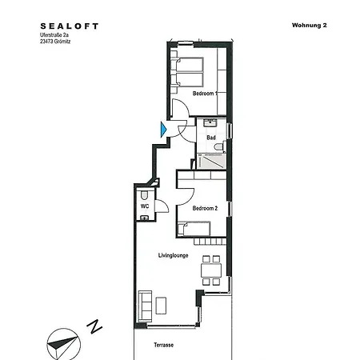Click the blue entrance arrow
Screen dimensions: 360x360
(163, 128)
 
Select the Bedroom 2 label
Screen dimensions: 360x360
(205, 208)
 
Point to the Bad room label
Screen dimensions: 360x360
(211, 138)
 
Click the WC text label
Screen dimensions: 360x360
(145, 206)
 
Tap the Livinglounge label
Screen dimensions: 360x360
(174, 255)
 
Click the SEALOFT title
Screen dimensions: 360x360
(70, 26)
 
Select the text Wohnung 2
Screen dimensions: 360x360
(310, 26)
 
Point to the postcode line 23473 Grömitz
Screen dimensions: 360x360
(61, 44)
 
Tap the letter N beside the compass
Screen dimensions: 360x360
(94, 326)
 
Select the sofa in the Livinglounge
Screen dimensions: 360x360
(146, 305)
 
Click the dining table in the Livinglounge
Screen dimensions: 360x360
(211, 270)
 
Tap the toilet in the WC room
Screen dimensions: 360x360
(144, 194)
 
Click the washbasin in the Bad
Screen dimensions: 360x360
(211, 124)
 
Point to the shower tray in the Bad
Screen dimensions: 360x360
(211, 161)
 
